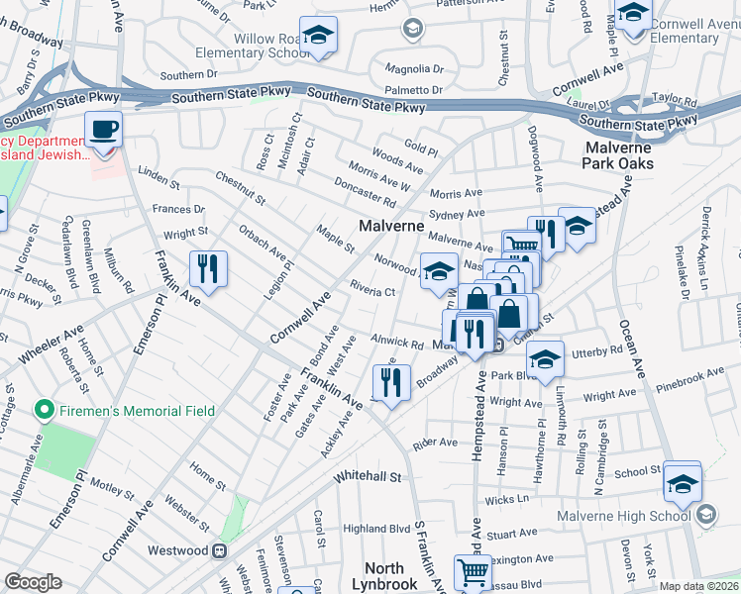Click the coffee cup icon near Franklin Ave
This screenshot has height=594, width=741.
click(x=103, y=129)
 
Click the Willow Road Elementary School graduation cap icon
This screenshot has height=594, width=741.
click(x=319, y=38)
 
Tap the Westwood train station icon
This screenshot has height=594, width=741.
click(x=224, y=550)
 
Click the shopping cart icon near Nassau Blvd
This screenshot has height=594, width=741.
click(x=473, y=572)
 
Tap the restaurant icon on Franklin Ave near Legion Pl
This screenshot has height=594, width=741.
click(x=208, y=267)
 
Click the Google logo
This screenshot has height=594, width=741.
click(x=33, y=582)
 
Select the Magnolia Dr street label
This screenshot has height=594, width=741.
click(x=414, y=69)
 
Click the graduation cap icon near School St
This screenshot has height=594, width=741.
click(x=683, y=482)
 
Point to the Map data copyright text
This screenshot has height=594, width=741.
click(x=698, y=586)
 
